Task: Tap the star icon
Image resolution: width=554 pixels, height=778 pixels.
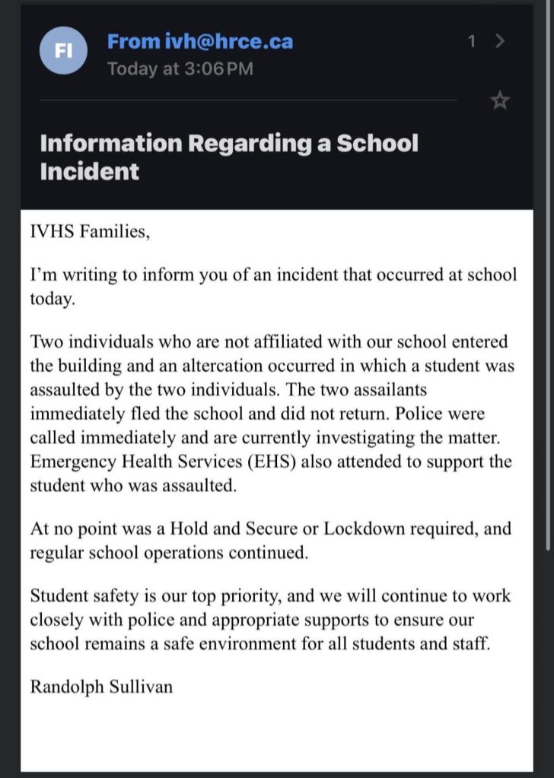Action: [500, 100]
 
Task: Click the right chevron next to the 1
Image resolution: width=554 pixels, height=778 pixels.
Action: [499, 41]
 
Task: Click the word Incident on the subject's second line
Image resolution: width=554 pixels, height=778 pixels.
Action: [89, 171]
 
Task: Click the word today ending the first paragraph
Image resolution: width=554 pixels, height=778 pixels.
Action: [52, 299]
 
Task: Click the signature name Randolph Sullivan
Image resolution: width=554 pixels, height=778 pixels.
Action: [101, 687]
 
